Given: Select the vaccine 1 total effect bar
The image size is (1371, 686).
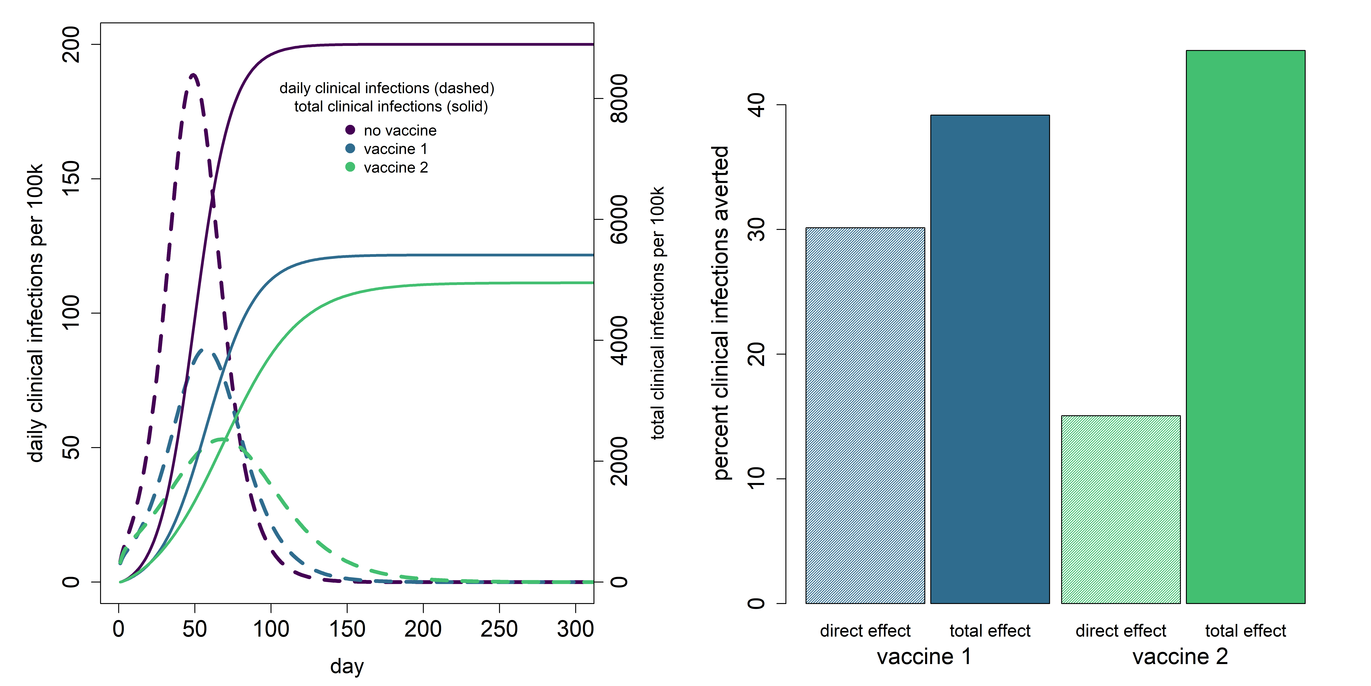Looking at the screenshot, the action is click(990, 359).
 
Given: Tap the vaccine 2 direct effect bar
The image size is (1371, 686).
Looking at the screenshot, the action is click(1121, 509).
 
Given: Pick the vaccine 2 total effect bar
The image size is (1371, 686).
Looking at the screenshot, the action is click(1245, 327).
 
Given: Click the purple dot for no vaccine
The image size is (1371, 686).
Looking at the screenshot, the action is click(350, 130).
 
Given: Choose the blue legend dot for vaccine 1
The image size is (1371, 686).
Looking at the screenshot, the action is click(350, 149).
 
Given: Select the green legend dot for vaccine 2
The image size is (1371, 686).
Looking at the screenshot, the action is click(350, 167).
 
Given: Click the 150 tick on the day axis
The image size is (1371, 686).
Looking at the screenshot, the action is click(347, 608).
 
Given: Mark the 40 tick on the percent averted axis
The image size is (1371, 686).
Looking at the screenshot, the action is click(781, 105).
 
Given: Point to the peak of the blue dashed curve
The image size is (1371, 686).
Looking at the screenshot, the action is click(202, 350).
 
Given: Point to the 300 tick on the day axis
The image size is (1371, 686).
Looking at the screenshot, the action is click(575, 608).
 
